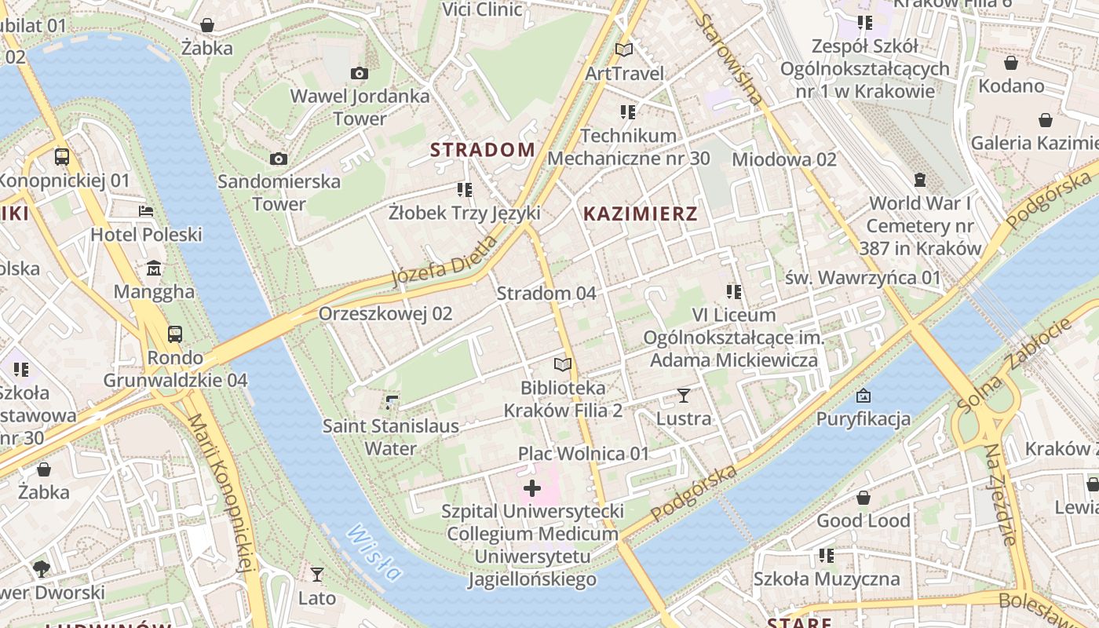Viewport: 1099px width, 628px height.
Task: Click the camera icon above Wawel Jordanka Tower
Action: click(360, 74)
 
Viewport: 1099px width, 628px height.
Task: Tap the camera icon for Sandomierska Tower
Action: click(279, 159)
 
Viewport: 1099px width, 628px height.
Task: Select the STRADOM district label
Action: click(483, 149)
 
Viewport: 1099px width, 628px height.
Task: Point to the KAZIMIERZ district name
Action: click(641, 214)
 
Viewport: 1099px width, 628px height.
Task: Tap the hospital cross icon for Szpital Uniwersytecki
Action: click(532, 488)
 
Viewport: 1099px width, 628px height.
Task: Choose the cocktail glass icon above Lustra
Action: click(684, 396)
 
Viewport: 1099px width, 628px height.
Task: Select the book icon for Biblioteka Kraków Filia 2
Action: click(563, 365)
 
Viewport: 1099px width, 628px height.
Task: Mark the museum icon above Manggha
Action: click(154, 269)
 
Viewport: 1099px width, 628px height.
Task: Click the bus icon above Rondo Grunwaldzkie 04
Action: click(175, 334)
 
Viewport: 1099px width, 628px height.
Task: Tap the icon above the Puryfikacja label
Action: click(863, 396)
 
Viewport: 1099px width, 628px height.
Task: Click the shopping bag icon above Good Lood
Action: click(863, 498)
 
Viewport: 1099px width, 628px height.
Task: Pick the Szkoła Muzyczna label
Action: click(827, 579)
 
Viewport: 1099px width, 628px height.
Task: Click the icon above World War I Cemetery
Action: click(920, 181)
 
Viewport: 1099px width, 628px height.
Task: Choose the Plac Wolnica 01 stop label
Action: click(584, 454)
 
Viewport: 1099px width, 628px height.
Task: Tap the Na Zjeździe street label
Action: click(999, 495)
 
